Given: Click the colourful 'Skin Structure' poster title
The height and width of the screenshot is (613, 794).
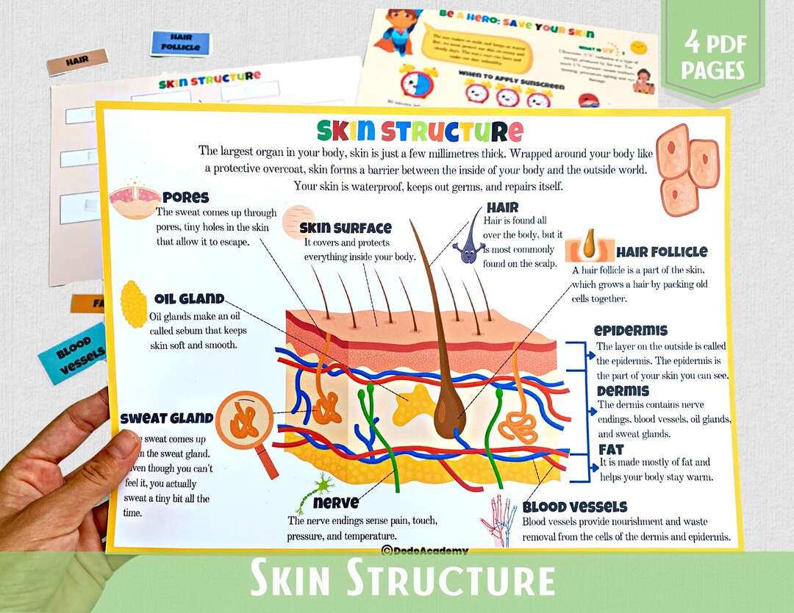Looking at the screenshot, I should (420, 131).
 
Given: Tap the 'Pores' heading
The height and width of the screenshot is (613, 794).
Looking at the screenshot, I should (186, 198).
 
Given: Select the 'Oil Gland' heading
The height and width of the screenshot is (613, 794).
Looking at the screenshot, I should (189, 299).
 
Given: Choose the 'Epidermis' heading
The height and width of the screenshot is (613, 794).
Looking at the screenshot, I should (631, 331).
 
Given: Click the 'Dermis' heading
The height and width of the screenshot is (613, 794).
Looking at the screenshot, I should (623, 391).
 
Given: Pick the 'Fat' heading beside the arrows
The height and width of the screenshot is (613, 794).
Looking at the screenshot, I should (611, 449).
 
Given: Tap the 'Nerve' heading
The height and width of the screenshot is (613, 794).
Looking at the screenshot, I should (336, 503).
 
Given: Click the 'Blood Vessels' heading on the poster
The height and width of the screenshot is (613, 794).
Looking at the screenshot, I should (575, 507).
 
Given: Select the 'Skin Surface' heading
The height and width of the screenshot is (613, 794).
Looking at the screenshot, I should (346, 229).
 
